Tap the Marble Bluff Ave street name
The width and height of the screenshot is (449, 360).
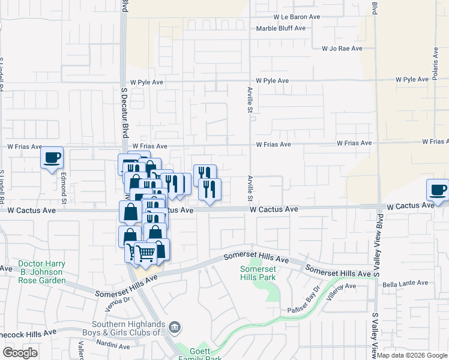(x=281, y=28)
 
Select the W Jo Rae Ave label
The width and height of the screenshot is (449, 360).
(x=342, y=49)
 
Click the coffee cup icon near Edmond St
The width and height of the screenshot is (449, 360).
(x=52, y=157)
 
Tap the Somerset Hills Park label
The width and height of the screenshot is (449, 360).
(x=257, y=273)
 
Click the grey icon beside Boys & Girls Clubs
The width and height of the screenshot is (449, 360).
(x=175, y=328)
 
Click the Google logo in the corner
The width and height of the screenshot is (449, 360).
(x=20, y=352)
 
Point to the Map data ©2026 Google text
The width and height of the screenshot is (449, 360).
(x=412, y=355)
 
